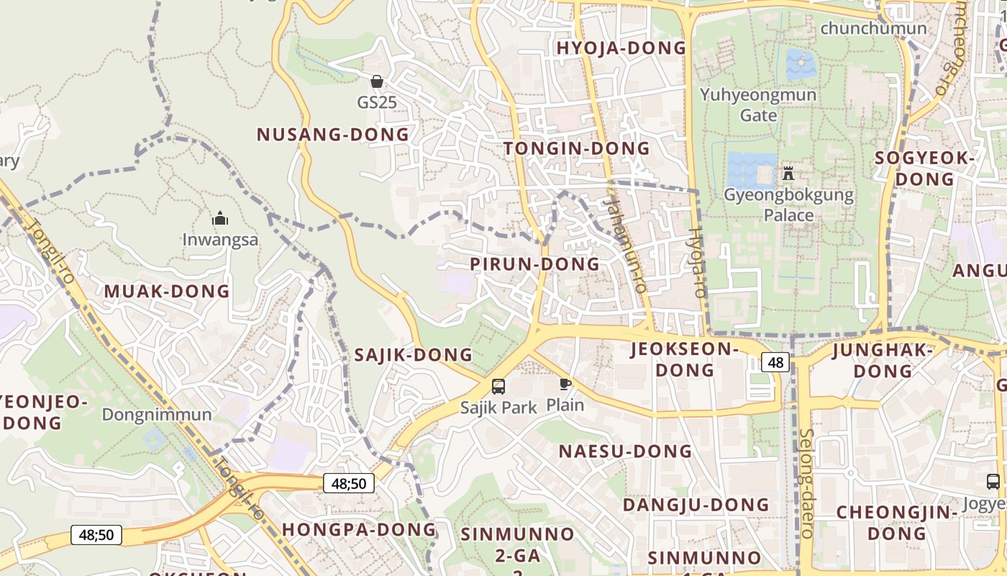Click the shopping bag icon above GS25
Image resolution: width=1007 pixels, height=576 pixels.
(x=376, y=81)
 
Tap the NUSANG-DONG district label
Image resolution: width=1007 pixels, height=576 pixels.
(x=332, y=135)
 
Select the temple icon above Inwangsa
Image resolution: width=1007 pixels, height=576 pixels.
(x=219, y=218)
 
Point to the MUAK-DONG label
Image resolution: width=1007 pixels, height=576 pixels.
(x=167, y=292)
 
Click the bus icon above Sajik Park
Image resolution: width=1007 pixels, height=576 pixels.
(x=498, y=387)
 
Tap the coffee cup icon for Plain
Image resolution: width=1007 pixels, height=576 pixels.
(x=565, y=384)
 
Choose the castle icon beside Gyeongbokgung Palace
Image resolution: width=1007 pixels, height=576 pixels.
(x=788, y=174)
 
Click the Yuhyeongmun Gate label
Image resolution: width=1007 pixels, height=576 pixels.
(x=758, y=105)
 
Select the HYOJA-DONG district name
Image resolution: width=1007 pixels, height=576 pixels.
(x=621, y=48)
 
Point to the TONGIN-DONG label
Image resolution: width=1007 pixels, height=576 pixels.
(x=577, y=149)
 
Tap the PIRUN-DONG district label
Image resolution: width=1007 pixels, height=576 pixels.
(x=534, y=264)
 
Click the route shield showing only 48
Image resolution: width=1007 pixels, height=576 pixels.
(x=775, y=362)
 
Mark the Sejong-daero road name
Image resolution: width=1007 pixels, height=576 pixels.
(x=806, y=483)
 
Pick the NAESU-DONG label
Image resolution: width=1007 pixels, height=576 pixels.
(x=625, y=451)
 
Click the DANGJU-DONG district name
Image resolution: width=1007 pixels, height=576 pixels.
(x=696, y=505)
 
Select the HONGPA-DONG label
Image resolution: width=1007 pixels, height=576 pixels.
(x=359, y=529)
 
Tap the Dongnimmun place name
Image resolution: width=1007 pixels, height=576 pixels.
(x=157, y=415)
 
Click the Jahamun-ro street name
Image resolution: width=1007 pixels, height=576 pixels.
(x=626, y=245)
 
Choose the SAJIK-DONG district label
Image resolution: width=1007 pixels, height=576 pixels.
(x=413, y=354)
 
